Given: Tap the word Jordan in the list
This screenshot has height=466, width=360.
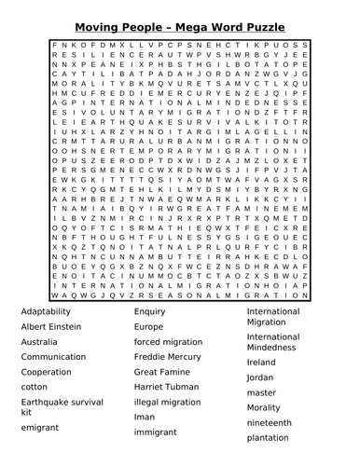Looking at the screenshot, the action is point(261,377).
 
